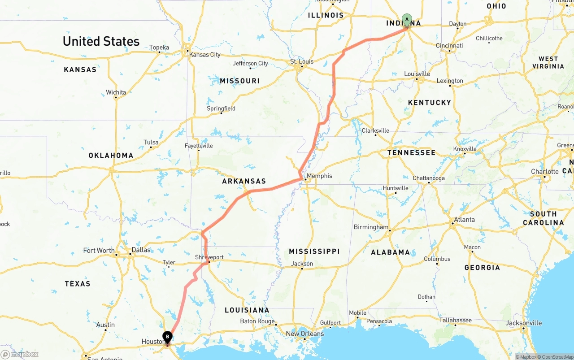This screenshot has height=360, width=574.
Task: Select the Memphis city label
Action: coord(320,176)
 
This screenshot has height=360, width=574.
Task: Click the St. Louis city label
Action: coord(302,61)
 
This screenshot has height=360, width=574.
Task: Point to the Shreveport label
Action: coord(209,257)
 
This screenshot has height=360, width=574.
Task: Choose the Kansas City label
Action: coord(205,55)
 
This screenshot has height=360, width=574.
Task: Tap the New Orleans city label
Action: coord(305,334)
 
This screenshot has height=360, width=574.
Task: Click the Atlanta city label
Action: coord(464,220)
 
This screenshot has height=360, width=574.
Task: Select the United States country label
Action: coord(101,41)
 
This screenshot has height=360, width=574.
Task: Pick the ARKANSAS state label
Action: coord(244,182)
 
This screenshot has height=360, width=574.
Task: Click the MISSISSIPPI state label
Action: coord(314,252)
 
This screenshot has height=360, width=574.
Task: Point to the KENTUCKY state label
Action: coord(430,103)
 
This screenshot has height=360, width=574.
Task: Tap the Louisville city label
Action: coord(417,74)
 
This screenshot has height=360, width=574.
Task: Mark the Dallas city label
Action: coord(141,250)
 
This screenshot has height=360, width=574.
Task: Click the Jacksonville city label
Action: coord(524,323)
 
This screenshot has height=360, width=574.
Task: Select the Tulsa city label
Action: coord(151,143)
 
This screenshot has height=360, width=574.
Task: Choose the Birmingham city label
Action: coord(371,227)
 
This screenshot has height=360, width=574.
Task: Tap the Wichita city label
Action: coord(116,92)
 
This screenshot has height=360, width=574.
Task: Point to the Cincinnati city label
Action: coord(449,46)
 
